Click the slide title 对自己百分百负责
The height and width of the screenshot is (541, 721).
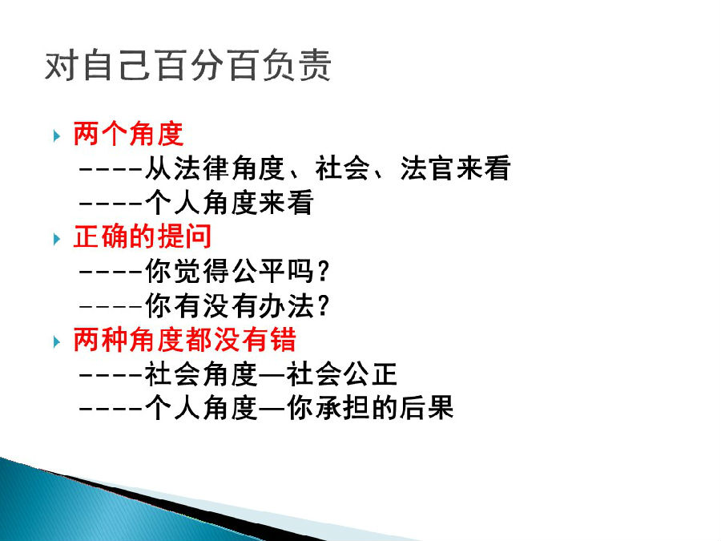click(187, 66)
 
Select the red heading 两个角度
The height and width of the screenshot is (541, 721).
click(128, 134)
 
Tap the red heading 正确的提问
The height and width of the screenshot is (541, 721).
click(143, 236)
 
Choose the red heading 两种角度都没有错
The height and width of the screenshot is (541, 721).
click(185, 340)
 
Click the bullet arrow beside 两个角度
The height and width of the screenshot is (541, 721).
click(57, 135)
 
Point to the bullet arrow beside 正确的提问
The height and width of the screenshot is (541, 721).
click(57, 239)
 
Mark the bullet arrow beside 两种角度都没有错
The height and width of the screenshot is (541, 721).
click(57, 341)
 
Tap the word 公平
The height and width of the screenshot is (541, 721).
click(258, 271)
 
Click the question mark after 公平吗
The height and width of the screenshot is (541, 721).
click(323, 271)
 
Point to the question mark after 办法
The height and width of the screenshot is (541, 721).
click(323, 305)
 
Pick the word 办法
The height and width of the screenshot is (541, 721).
click(287, 305)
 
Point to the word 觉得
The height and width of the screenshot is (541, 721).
click(202, 271)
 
